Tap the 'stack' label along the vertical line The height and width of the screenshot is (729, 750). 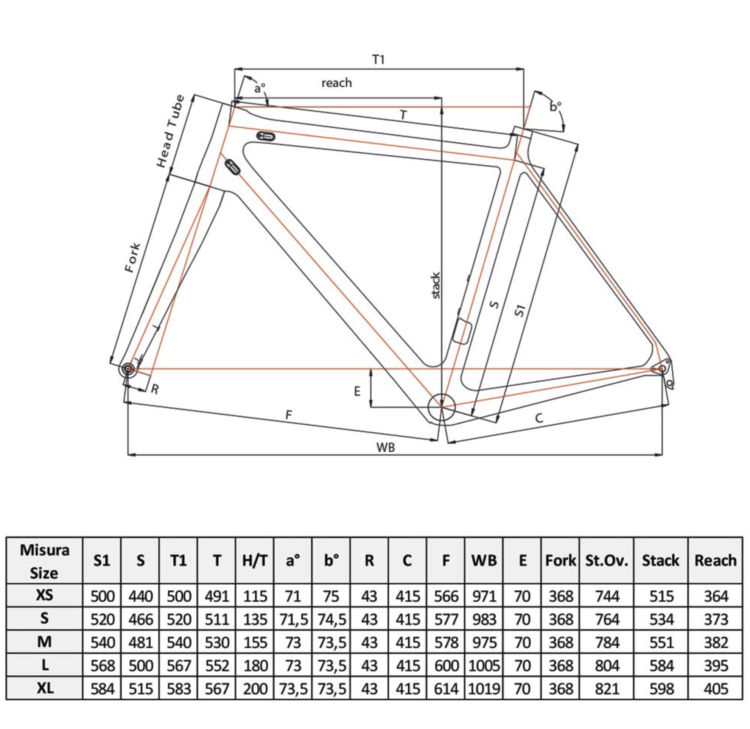[436, 286]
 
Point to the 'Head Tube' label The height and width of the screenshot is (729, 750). [170, 131]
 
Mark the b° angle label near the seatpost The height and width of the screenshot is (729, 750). [555, 106]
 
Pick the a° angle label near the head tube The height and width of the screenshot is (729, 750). [260, 89]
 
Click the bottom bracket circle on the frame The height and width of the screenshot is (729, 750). [442, 407]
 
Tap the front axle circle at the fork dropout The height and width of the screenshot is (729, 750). [128, 369]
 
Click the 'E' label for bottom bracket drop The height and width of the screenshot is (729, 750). [357, 391]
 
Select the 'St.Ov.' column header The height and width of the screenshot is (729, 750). [607, 561]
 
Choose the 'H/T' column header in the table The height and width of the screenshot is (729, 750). [255, 561]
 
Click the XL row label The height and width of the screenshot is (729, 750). [45, 688]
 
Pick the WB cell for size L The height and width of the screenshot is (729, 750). [484, 665]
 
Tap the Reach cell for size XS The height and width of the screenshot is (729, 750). [715, 596]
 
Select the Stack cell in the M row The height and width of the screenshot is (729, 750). [661, 642]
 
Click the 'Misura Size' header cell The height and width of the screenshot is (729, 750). [44, 561]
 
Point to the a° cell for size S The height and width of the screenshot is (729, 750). [293, 620]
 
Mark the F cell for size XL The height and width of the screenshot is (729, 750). [446, 689]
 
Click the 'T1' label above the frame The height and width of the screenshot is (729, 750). [378, 59]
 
